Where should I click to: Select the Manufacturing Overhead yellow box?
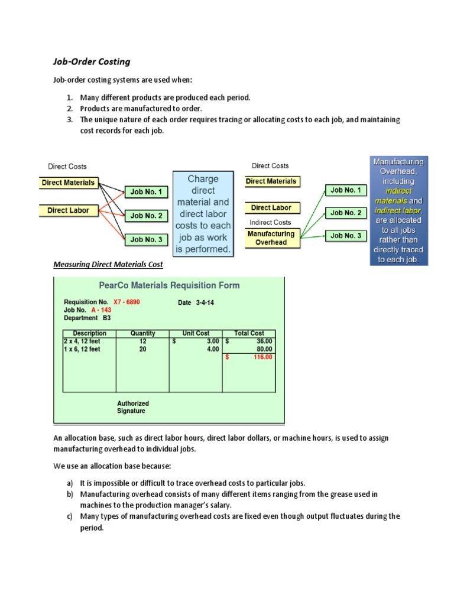[x=271, y=238]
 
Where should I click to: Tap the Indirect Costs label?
[x=271, y=222]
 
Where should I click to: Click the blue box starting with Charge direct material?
[x=203, y=214]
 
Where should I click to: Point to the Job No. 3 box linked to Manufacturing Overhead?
[x=345, y=236]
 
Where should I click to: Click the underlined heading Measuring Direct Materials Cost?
[x=108, y=265]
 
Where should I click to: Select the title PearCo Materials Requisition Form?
[x=170, y=285]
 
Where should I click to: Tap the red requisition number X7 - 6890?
[x=127, y=302]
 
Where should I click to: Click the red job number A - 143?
[x=101, y=310]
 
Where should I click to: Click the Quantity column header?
[x=142, y=333]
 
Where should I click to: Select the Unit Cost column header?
[x=196, y=333]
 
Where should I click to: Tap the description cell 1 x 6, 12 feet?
[x=82, y=349]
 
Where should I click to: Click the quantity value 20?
[x=142, y=349]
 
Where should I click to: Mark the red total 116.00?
[x=262, y=357]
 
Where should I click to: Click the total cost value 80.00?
[x=264, y=349]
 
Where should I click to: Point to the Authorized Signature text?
[x=133, y=407]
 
